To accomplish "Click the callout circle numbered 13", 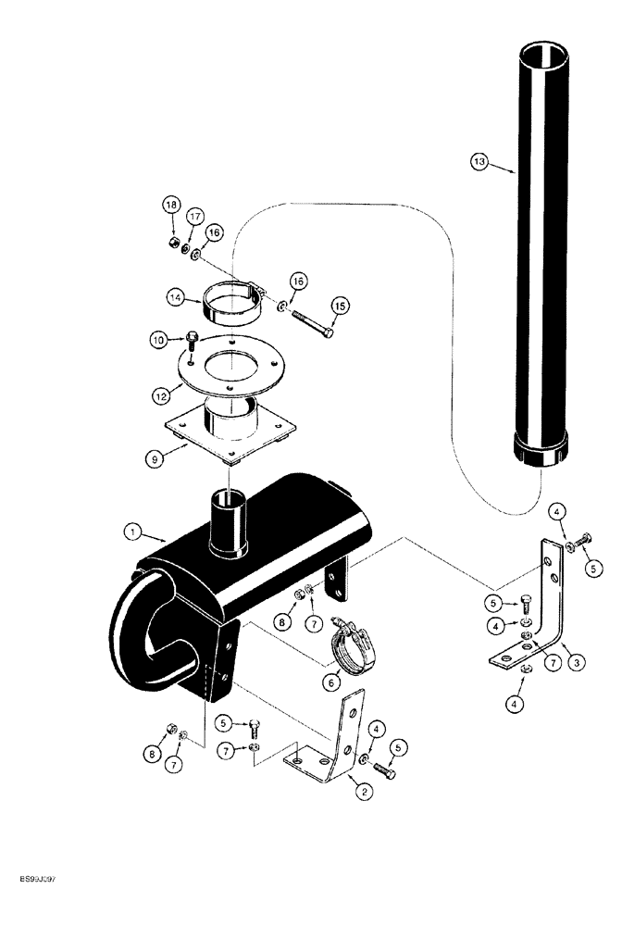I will [479, 163].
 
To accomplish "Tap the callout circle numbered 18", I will [171, 205].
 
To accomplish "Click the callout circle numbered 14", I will [176, 298].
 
